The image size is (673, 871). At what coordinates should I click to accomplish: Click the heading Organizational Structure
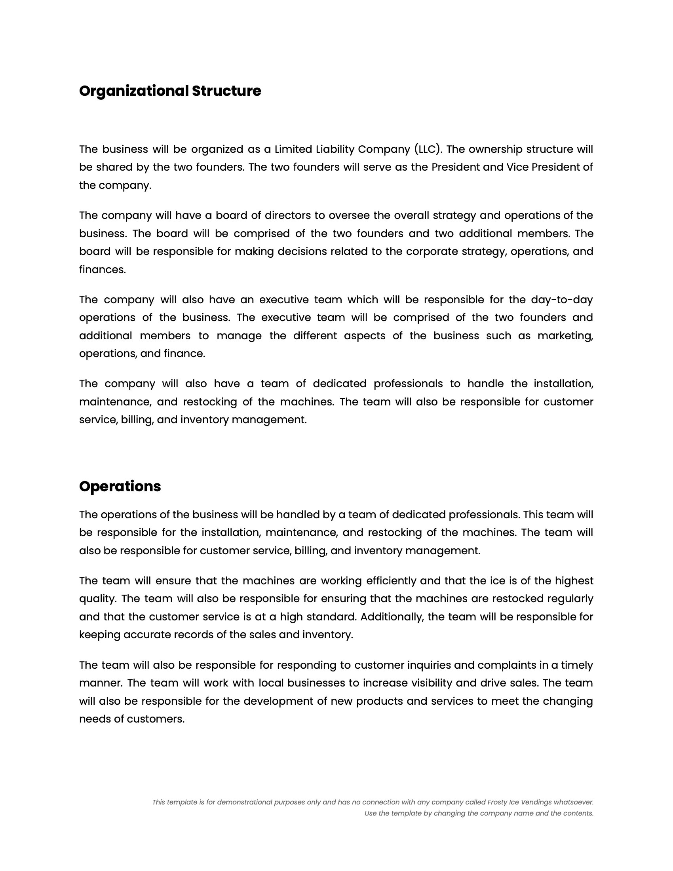(x=170, y=91)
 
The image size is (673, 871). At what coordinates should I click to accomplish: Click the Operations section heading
(x=120, y=487)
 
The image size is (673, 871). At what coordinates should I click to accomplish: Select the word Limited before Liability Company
(x=293, y=149)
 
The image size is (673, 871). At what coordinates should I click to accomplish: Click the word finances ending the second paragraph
(x=102, y=270)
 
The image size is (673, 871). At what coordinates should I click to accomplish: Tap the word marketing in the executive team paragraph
(x=565, y=336)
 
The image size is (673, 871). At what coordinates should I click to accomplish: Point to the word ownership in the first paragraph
(x=495, y=149)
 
